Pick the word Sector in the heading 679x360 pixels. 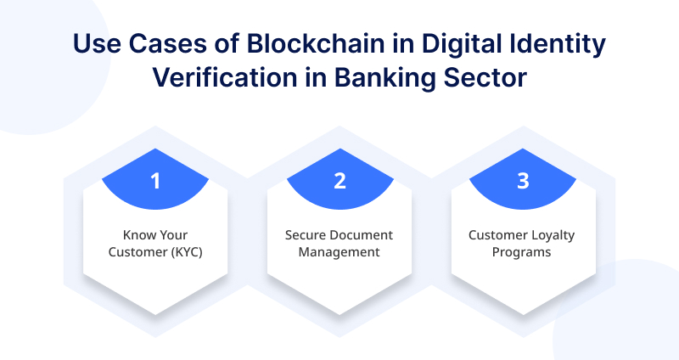point(485,78)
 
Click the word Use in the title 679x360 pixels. point(97,44)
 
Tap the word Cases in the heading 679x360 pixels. point(167,44)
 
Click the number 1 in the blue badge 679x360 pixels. point(155,181)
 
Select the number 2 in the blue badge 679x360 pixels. point(340,181)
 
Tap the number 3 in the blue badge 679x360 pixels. point(523,181)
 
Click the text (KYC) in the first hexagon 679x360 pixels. point(186,252)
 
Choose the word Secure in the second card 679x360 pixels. point(302,235)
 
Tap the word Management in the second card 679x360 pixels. point(339,253)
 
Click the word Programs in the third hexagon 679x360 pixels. point(521,253)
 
